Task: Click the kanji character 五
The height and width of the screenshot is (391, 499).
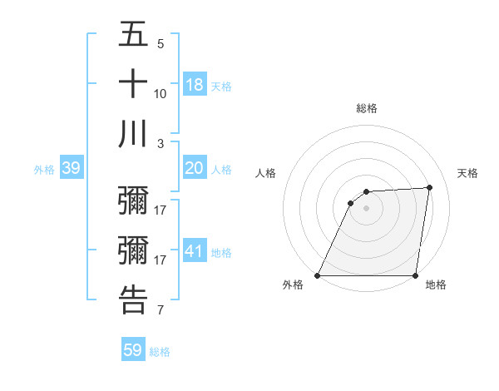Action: (133, 36)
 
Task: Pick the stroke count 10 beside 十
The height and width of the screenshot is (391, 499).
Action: (161, 93)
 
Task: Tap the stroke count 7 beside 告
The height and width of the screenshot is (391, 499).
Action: (161, 310)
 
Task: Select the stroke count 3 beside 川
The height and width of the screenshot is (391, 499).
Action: (161, 143)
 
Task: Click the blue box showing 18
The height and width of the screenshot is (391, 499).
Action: (195, 84)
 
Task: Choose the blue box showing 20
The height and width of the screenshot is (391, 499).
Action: (195, 168)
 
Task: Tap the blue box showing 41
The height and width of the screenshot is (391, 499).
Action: (195, 250)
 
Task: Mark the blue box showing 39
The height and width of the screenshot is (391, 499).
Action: (71, 168)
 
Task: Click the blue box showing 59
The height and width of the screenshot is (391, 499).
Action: (132, 350)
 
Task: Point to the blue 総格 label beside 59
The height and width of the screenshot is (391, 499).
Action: (160, 352)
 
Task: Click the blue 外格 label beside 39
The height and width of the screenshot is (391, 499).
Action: (44, 170)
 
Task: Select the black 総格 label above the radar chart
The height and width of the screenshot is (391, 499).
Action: (366, 108)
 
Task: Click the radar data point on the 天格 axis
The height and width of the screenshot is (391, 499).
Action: (429, 187)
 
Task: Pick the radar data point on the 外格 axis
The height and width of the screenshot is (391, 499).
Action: (318, 275)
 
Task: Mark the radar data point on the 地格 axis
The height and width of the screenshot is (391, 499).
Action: (415, 275)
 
